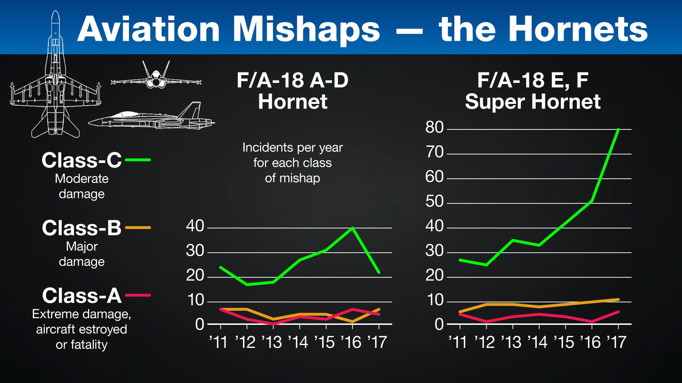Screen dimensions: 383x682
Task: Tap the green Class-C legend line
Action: (138, 160)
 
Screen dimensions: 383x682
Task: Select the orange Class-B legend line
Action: (138, 228)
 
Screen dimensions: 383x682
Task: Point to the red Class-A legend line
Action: (138, 295)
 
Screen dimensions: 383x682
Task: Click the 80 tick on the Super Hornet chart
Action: (434, 127)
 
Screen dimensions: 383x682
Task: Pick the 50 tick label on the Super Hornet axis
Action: (434, 201)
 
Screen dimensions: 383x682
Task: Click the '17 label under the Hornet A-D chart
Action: (377, 342)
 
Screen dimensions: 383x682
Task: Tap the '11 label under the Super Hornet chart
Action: (458, 342)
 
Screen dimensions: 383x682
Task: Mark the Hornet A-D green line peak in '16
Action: (352, 228)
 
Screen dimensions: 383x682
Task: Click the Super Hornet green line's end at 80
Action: (618, 129)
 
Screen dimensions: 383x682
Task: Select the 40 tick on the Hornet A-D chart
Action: (195, 226)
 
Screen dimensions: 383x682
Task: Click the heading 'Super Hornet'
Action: (532, 102)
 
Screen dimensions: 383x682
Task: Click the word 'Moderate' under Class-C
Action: (82, 178)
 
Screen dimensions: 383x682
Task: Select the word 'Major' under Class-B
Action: (82, 246)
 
